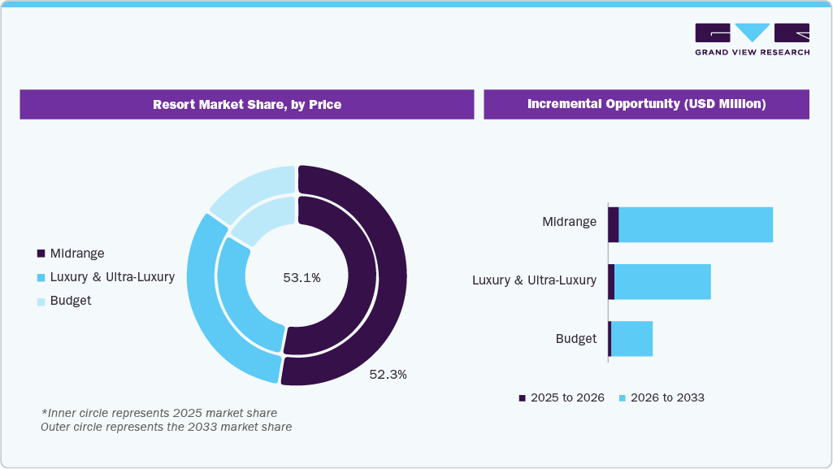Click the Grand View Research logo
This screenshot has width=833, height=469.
(x=752, y=39)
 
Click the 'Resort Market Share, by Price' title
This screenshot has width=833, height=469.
(x=246, y=105)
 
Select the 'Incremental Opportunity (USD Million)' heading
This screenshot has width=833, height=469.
(x=646, y=105)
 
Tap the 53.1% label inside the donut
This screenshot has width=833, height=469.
(x=302, y=278)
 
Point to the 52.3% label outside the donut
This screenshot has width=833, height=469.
(x=388, y=375)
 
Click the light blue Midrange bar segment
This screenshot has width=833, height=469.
(x=695, y=224)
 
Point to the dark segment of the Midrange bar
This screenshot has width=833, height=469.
(x=614, y=224)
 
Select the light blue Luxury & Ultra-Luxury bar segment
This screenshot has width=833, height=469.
(x=662, y=281)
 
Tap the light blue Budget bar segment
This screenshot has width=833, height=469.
(x=631, y=339)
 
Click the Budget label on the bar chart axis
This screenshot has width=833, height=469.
(x=576, y=339)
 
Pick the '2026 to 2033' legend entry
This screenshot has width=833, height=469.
(x=662, y=398)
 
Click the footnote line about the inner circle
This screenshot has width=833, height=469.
(x=159, y=413)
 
